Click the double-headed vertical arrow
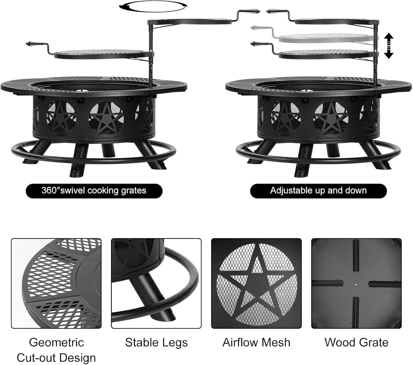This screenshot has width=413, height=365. (x=388, y=46)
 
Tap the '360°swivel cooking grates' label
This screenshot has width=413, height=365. (x=94, y=191)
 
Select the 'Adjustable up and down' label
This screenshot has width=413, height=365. (x=318, y=191)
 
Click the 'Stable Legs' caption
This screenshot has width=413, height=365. (x=156, y=342)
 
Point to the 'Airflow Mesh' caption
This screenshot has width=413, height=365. (x=256, y=342)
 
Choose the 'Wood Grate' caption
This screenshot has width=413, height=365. (x=356, y=342)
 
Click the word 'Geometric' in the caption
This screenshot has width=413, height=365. (x=56, y=342)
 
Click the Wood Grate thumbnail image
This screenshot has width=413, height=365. (x=356, y=283)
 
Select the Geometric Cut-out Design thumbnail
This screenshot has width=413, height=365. (x=56, y=283)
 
